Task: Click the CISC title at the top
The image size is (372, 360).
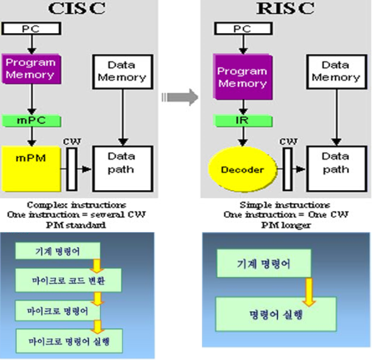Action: coord(77,9)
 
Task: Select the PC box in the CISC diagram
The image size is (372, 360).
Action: coord(32,29)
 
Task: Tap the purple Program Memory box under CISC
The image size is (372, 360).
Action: coord(31,69)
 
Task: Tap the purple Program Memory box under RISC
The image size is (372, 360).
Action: coord(242,77)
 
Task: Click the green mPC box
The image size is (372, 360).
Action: coord(32,121)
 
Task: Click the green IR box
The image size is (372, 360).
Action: coord(242,121)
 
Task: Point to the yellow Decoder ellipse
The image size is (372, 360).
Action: coord(242,170)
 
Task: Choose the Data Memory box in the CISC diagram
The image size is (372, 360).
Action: coord(122,71)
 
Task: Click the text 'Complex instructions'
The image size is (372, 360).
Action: coord(76,205)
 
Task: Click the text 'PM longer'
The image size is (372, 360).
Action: coord(285,225)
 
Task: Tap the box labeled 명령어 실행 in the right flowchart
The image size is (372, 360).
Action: coord(276,314)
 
